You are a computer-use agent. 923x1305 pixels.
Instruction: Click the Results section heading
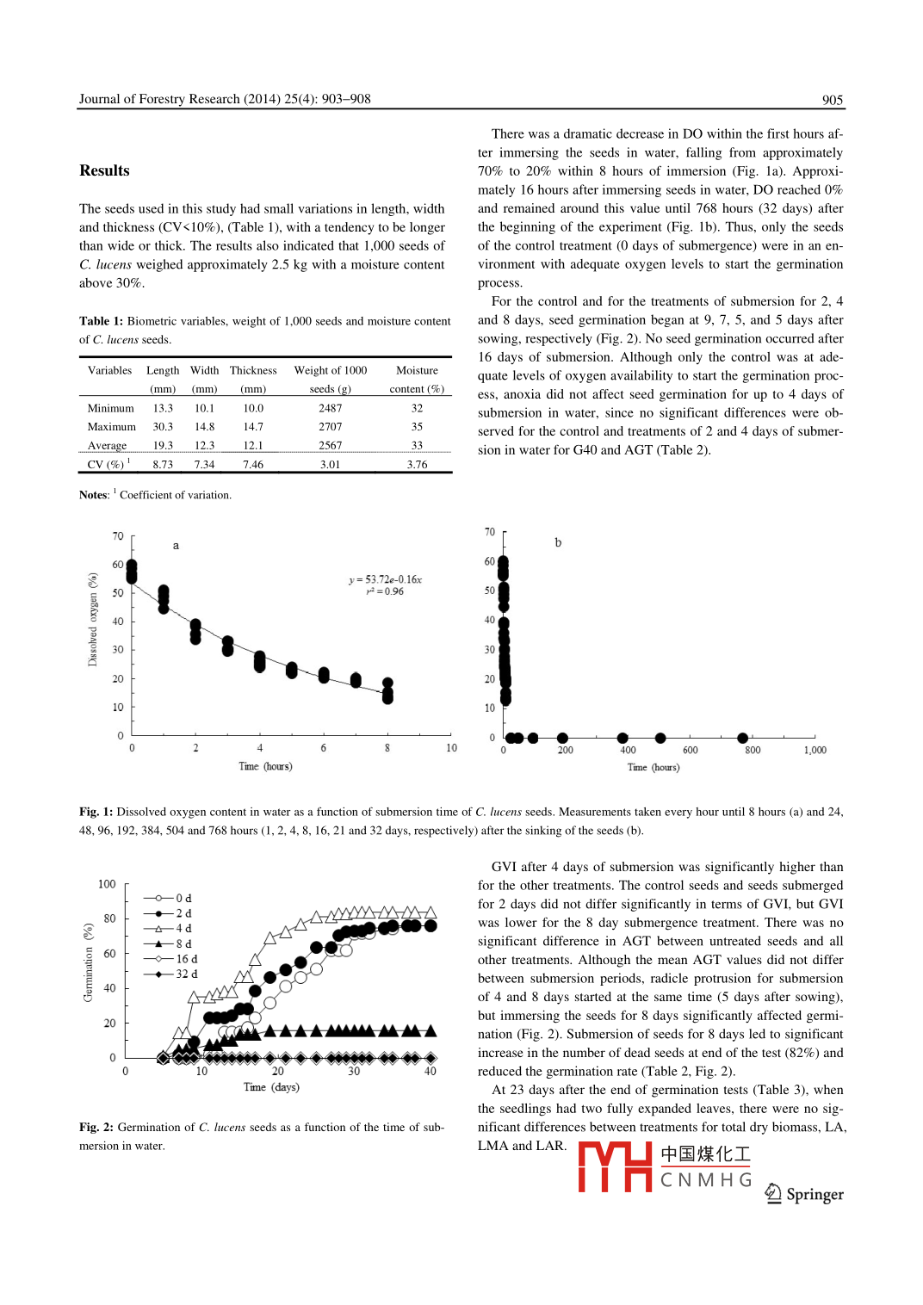tap(104, 170)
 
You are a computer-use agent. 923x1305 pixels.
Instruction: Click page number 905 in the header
tap(832, 100)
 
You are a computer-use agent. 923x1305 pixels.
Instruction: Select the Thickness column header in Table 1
tap(253, 370)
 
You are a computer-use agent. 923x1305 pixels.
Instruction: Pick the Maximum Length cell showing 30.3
tap(163, 427)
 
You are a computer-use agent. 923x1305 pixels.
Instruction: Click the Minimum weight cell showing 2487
tap(330, 408)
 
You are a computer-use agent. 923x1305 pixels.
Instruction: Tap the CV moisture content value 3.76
tap(417, 465)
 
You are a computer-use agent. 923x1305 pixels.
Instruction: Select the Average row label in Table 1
tap(107, 446)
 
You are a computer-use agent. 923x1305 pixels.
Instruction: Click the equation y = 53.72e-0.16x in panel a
tap(385, 579)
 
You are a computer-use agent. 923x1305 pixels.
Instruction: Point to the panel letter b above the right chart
tap(558, 542)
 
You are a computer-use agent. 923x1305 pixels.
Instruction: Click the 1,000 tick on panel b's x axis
tap(815, 750)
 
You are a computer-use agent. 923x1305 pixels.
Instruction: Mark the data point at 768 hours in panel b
tap(742, 738)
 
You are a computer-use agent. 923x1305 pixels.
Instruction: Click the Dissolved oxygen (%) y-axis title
tap(92, 619)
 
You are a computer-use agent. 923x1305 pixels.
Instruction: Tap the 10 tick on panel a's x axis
tap(451, 748)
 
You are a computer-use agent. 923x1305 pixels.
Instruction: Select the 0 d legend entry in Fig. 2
tap(169, 898)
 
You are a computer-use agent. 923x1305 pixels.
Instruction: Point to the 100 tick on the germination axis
tap(107, 884)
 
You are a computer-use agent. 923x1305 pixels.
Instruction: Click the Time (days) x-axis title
tap(271, 1087)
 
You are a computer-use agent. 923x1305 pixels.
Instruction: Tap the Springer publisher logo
tap(805, 1194)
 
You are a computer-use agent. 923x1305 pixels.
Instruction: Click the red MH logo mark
tap(615, 1166)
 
